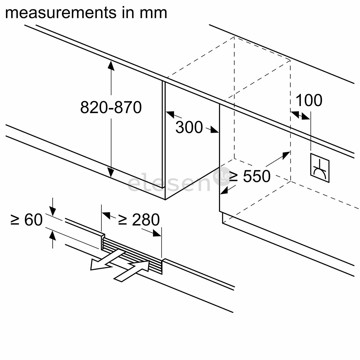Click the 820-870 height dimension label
(x=111, y=107)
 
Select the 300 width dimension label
(x=189, y=127)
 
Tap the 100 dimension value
(x=309, y=100)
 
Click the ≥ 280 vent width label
(x=139, y=220)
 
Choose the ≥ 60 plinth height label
(x=27, y=220)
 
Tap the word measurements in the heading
(x=58, y=13)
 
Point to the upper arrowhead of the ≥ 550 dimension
(x=286, y=155)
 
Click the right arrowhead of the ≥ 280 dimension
(x=157, y=233)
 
